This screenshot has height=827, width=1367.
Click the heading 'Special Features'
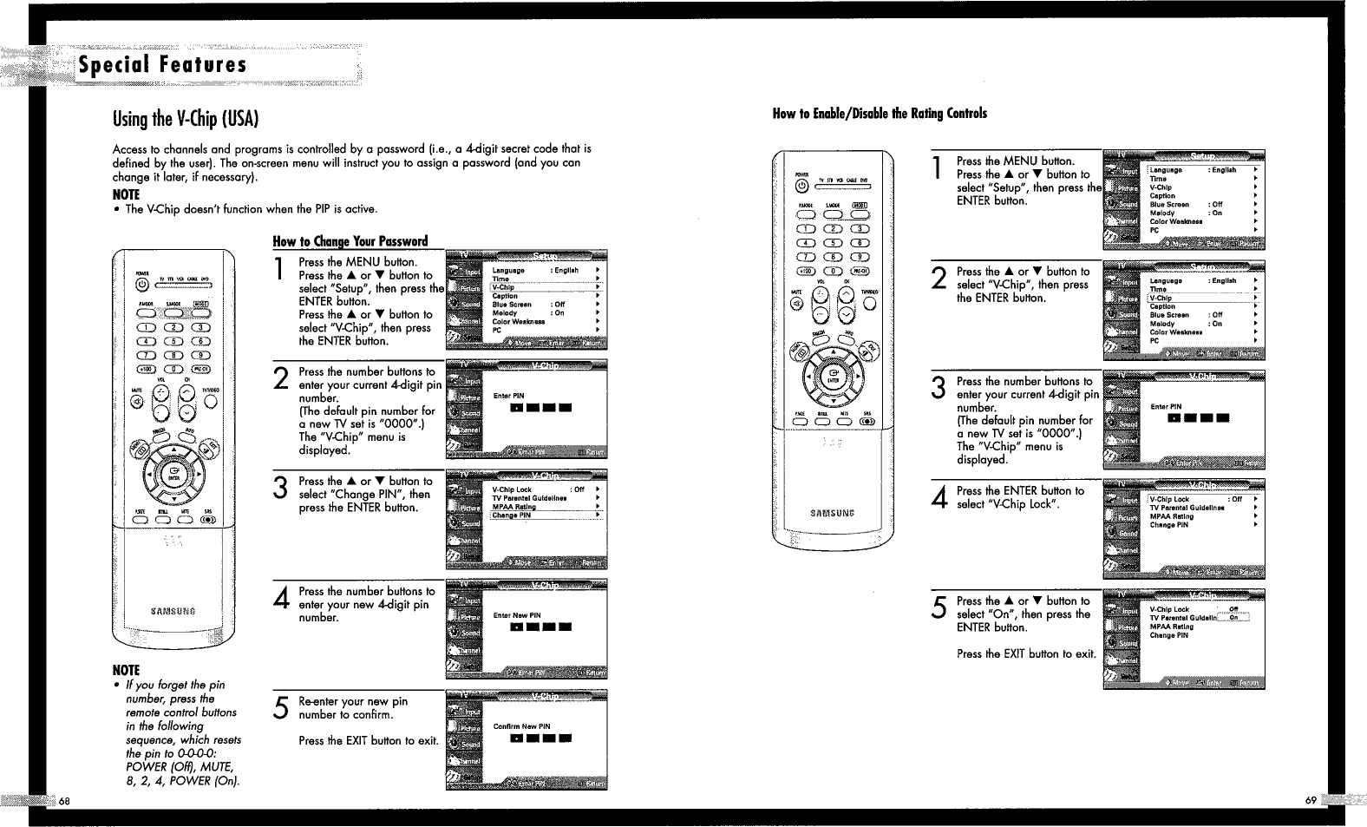[x=163, y=65]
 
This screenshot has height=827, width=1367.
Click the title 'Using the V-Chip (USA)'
[x=186, y=118]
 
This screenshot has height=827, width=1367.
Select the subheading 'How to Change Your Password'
[x=350, y=241]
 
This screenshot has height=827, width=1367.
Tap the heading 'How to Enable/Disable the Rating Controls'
[x=880, y=113]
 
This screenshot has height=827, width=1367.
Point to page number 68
[x=64, y=798]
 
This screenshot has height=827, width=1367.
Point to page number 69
[x=1311, y=799]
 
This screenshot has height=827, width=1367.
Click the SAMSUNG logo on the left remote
[x=173, y=611]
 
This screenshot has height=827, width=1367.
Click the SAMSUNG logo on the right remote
[x=832, y=513]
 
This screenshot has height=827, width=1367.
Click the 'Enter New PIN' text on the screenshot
[x=517, y=615]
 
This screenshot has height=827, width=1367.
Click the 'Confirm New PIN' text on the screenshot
[x=521, y=726]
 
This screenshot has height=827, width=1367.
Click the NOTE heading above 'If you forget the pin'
[x=126, y=670]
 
